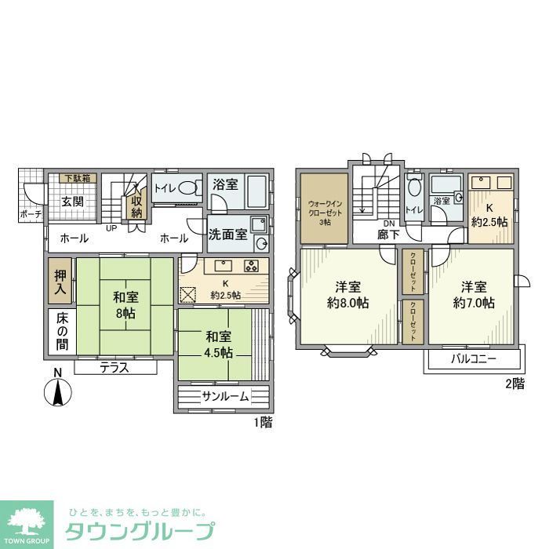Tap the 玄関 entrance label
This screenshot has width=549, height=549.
pos(73,201)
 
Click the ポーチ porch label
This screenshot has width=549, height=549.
pos(30,213)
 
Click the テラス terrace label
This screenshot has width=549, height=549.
pos(114,367)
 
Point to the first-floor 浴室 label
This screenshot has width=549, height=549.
pos(225,185)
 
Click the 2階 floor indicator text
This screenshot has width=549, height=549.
pos(514,384)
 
